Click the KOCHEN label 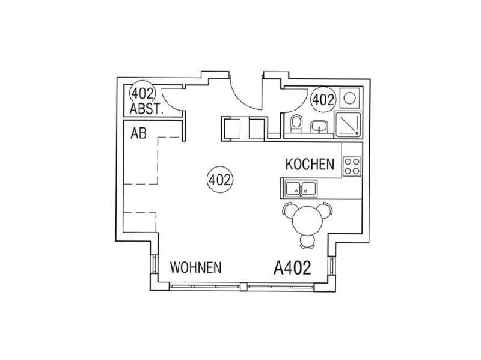(x=310, y=164)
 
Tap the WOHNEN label (x=196, y=267)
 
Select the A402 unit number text (x=292, y=267)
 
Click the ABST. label (x=146, y=109)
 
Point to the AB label (x=138, y=133)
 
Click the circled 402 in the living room (x=220, y=180)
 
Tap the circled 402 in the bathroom (x=323, y=100)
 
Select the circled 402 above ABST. (x=142, y=93)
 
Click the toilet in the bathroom (x=296, y=124)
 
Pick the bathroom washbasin (x=319, y=126)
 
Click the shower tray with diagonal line (x=349, y=124)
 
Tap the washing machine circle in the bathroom (x=349, y=98)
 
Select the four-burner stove (x=352, y=166)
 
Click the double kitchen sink (x=301, y=188)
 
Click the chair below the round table (x=307, y=242)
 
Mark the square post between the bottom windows (x=244, y=287)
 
